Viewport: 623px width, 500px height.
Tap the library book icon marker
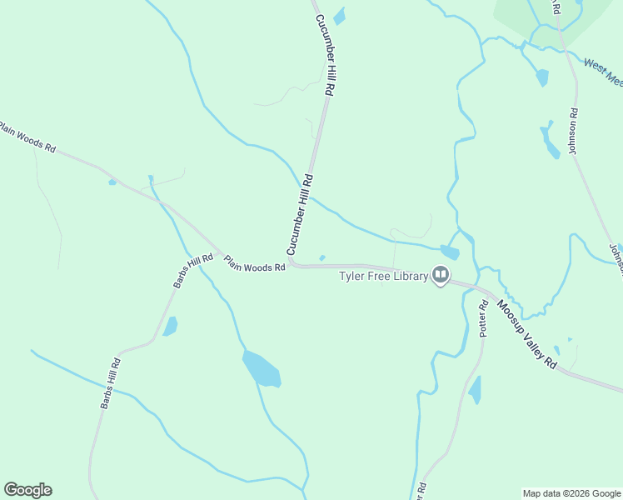pos(440,275)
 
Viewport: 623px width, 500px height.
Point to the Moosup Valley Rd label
pos(527,334)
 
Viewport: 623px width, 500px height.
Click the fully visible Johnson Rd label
pos(573,131)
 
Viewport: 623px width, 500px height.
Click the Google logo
pos(27,490)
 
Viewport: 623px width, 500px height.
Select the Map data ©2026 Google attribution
pos(571,493)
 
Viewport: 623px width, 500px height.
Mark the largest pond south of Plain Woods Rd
pos(261,369)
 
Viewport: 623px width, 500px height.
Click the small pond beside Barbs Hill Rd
pos(170,326)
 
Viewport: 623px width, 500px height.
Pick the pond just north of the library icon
pos(450,252)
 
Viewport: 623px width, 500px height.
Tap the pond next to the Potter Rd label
pos(475,390)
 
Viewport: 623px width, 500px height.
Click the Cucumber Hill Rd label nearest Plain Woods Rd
pos(300,214)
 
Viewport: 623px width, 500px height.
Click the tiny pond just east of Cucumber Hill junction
pos(322,257)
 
